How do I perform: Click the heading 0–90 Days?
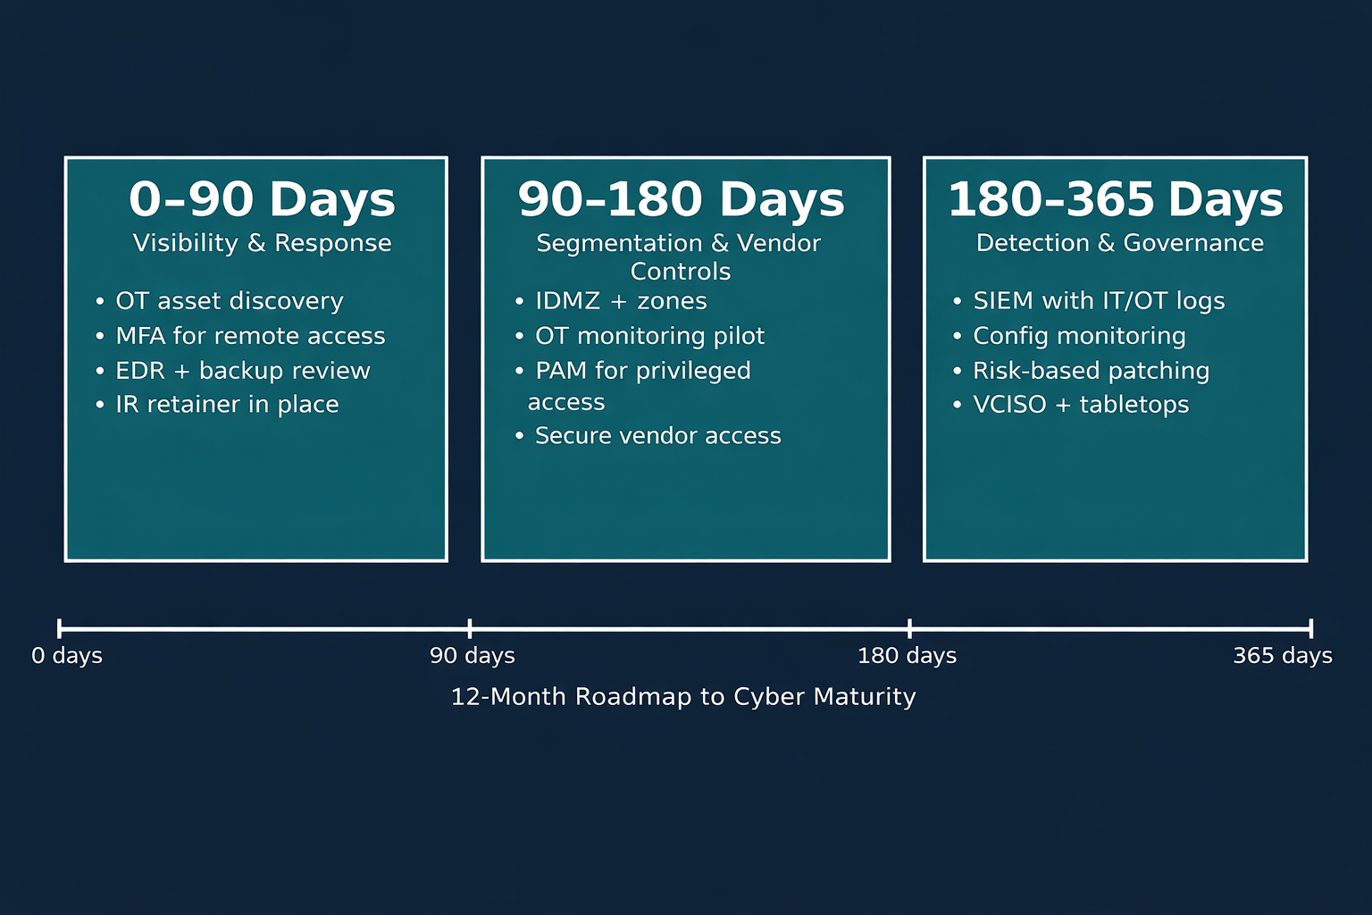(262, 199)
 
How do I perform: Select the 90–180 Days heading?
(681, 199)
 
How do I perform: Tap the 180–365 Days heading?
(1115, 199)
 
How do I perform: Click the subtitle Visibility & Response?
(262, 243)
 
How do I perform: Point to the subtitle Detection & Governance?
(1119, 243)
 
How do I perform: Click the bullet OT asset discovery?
(229, 301)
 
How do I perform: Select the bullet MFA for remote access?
(250, 336)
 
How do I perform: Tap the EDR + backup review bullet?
(242, 371)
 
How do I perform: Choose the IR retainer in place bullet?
(227, 405)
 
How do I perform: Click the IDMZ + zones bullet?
(621, 301)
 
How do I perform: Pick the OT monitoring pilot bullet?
(649, 336)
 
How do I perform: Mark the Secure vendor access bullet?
(657, 436)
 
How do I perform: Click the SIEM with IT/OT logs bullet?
(1099, 301)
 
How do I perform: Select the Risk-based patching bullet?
(1091, 371)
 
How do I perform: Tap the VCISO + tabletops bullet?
(1081, 405)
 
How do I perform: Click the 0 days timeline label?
(67, 656)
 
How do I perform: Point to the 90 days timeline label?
(473, 656)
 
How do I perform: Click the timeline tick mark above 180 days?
(909, 628)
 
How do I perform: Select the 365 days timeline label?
(1283, 656)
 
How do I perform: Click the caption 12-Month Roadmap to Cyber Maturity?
(683, 697)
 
